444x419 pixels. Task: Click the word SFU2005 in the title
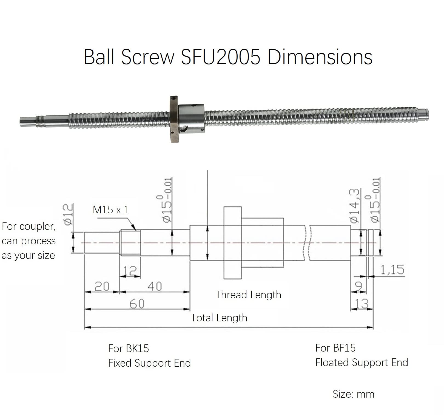click(220, 57)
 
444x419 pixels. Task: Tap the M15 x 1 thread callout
click(111, 210)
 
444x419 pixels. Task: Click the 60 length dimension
click(137, 304)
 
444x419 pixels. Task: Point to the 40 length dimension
click(155, 286)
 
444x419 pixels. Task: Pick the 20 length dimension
click(102, 286)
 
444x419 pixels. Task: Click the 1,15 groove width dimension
click(392, 270)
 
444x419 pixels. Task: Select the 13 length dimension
click(362, 304)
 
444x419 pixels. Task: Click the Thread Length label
click(248, 295)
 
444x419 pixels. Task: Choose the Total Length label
click(219, 318)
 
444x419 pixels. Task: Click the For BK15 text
click(129, 349)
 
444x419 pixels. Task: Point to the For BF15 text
click(335, 348)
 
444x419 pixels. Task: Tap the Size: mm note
click(353, 394)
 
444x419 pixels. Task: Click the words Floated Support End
click(362, 363)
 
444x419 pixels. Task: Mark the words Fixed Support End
click(149, 363)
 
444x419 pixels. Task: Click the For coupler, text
click(29, 227)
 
